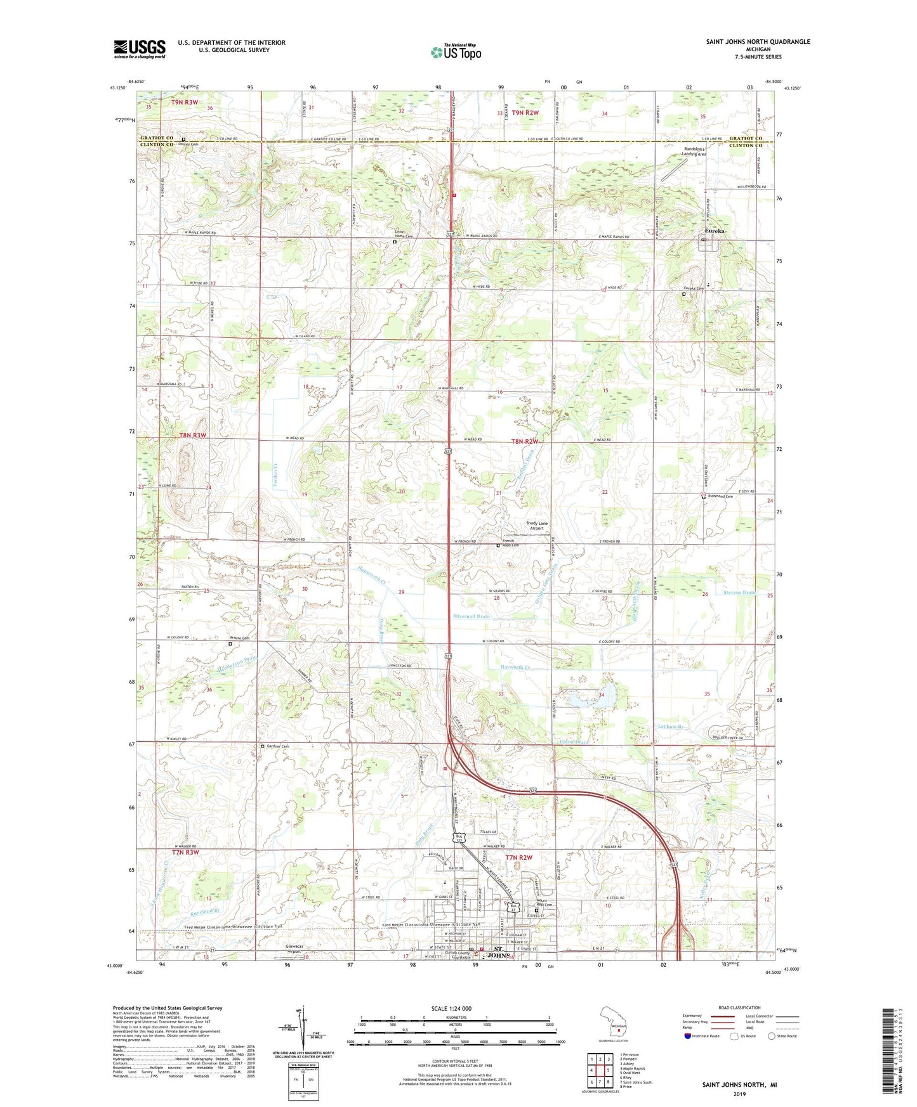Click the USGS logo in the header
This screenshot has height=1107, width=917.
click(x=140, y=49)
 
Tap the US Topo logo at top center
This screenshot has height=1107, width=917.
click(x=456, y=52)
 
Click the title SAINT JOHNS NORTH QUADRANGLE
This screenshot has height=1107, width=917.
click(x=758, y=42)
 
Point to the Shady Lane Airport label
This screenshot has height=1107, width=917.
click(x=536, y=526)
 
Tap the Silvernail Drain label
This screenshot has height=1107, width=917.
click(x=472, y=616)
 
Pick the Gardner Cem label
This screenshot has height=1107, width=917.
click(x=277, y=746)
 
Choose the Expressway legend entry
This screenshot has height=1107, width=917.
click(x=695, y=1016)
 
